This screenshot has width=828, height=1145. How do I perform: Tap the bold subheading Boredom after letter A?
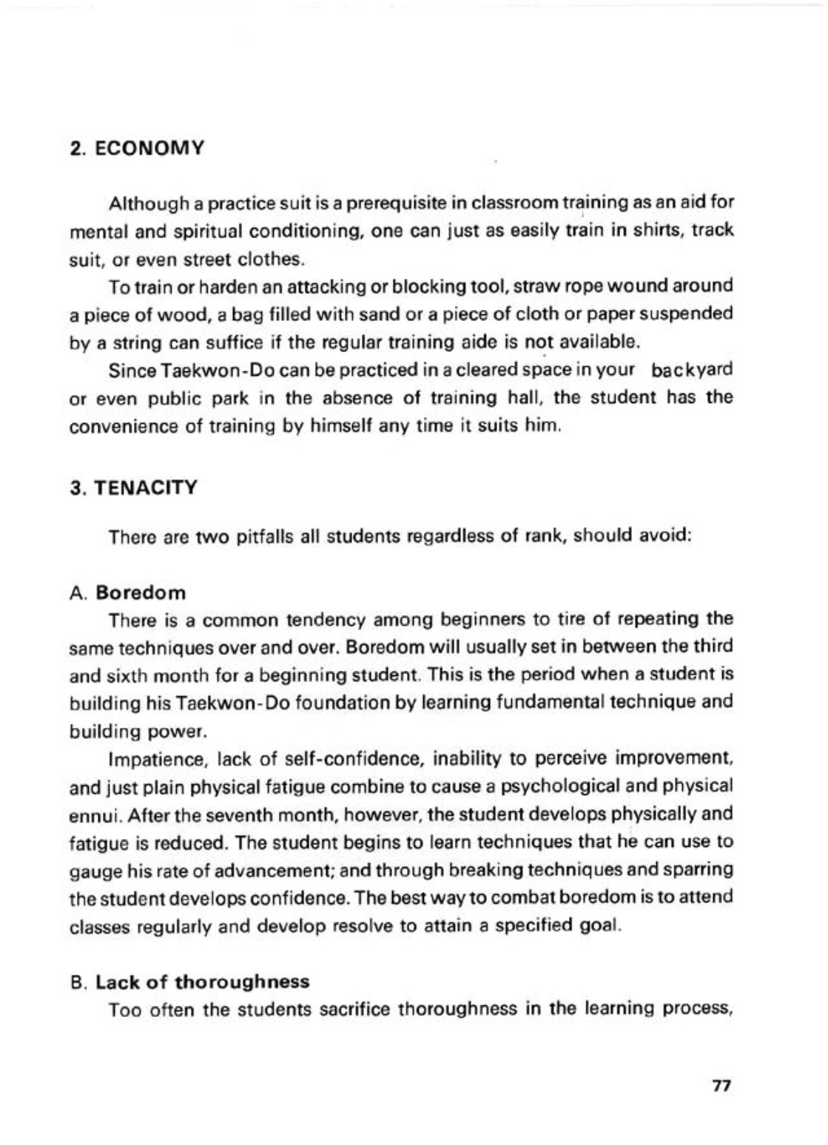pyautogui.click(x=141, y=592)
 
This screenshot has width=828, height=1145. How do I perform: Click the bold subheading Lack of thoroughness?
pyautogui.click(x=203, y=982)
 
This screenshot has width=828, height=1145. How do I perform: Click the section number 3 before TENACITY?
pyautogui.click(x=74, y=488)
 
